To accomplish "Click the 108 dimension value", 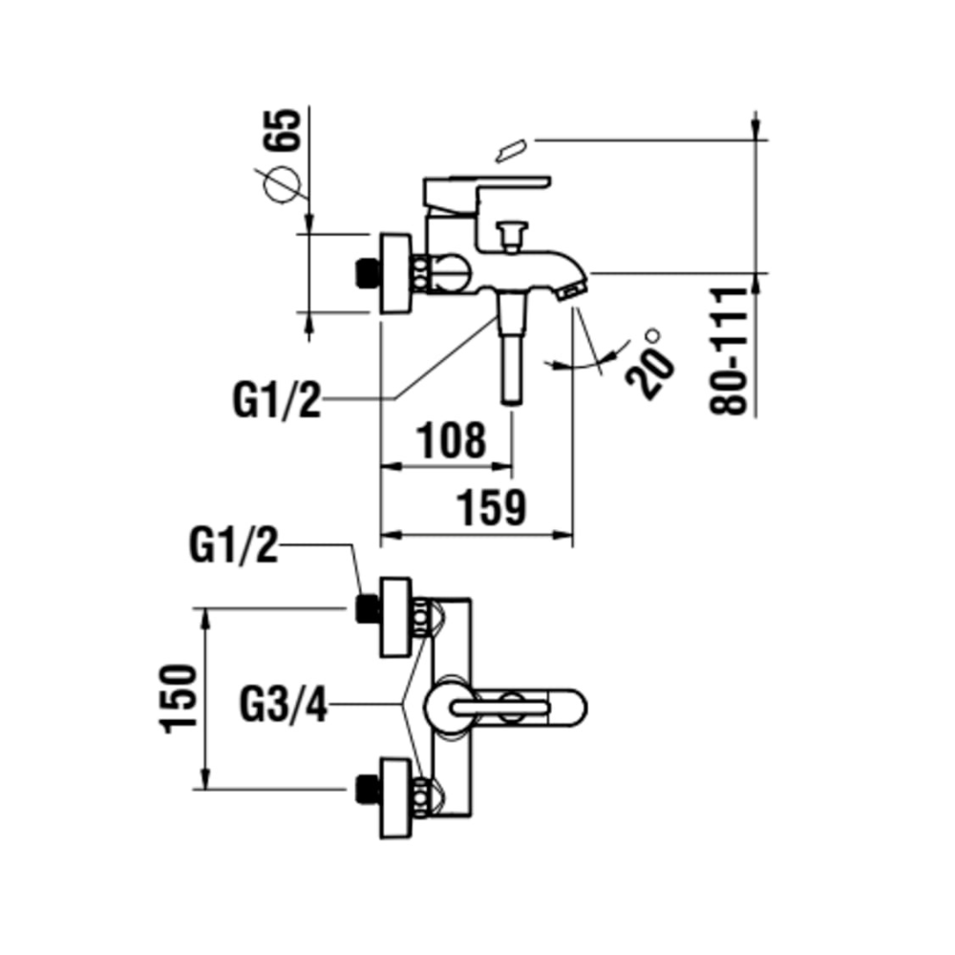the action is click(452, 439).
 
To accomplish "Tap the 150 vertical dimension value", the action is click(179, 698).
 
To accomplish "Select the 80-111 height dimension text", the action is click(729, 350).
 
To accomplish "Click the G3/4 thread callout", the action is click(284, 706).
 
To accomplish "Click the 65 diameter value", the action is click(282, 130).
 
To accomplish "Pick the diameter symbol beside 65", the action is click(282, 184).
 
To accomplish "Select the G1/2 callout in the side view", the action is click(277, 399).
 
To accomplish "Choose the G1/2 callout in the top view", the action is click(234, 545).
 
